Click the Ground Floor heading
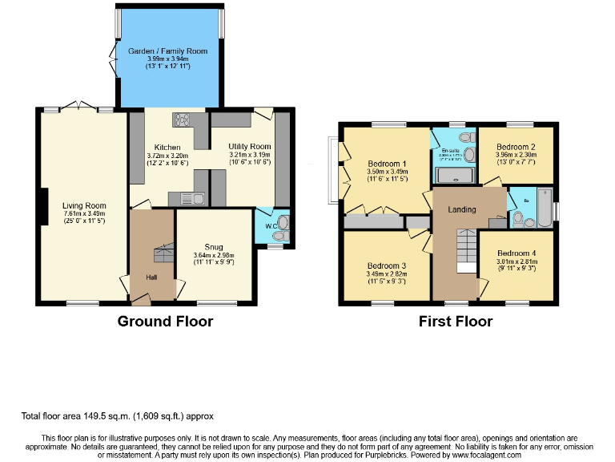click(x=165, y=322)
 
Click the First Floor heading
click(x=456, y=322)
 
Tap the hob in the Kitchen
click(x=180, y=120)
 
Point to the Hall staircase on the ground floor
click(x=163, y=253)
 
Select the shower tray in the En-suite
click(x=454, y=176)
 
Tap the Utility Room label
click(x=250, y=147)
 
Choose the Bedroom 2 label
click(x=516, y=148)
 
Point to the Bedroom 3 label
click(x=387, y=265)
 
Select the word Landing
click(x=462, y=209)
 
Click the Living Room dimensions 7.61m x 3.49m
click(x=84, y=215)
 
